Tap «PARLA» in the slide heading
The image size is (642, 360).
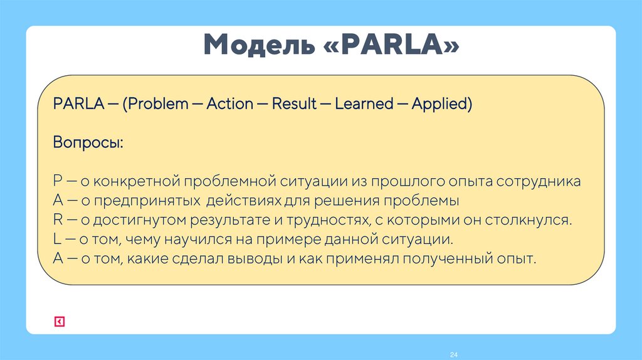coord(392,46)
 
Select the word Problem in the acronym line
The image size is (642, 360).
coord(159,103)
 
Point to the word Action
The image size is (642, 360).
coord(229,103)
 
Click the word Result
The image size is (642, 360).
coord(294,103)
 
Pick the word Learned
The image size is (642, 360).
coord(364,103)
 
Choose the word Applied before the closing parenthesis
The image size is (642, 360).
coord(439,103)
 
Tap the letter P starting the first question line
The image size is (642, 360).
coord(58,182)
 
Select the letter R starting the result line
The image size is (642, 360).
coord(58,220)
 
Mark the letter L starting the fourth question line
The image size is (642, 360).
coord(57,240)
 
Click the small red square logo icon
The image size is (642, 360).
coord(59,322)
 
